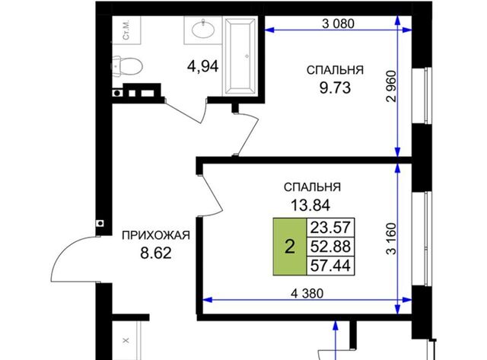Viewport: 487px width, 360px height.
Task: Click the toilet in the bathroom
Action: [x=127, y=65]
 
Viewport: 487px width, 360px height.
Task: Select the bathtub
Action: [x=240, y=56]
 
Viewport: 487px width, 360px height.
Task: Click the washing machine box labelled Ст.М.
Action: [x=126, y=30]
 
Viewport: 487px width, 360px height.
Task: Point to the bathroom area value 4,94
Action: [x=203, y=66]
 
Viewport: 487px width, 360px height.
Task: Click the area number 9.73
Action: [x=335, y=88]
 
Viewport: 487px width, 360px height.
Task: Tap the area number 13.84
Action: [x=310, y=205]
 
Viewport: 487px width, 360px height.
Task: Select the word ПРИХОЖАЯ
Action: [x=155, y=235]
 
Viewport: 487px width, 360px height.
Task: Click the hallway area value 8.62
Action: [x=156, y=253]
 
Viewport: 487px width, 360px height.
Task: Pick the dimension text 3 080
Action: [x=338, y=24]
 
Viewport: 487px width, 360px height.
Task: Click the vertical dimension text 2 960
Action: [x=392, y=86]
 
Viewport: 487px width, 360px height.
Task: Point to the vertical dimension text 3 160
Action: [x=392, y=239]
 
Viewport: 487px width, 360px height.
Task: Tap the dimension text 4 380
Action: [x=307, y=293]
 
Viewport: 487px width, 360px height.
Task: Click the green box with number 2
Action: [x=289, y=247]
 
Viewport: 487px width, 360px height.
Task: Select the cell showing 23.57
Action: [x=330, y=228]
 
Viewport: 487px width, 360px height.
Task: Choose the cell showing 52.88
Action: [x=330, y=247]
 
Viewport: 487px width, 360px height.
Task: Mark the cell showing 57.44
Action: [x=330, y=266]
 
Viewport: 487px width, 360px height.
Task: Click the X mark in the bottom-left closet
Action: [x=126, y=340]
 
